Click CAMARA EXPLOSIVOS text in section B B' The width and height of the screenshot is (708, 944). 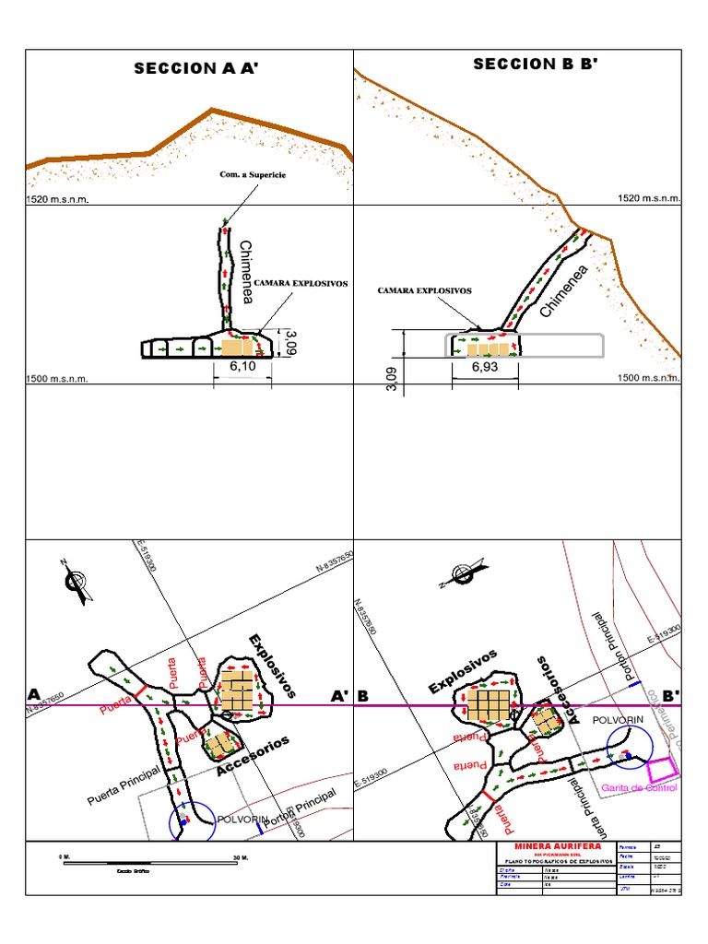(x=424, y=290)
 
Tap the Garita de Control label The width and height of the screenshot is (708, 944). (x=638, y=788)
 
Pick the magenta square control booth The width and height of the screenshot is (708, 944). (x=661, y=767)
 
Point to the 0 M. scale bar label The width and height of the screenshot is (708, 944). (x=65, y=858)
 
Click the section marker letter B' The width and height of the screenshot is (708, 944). (x=671, y=695)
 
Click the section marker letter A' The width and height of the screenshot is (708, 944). (x=340, y=695)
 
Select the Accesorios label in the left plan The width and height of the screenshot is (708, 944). (x=254, y=756)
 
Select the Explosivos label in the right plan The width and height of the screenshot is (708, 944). (x=463, y=671)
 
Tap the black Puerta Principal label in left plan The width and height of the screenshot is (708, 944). (x=124, y=785)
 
